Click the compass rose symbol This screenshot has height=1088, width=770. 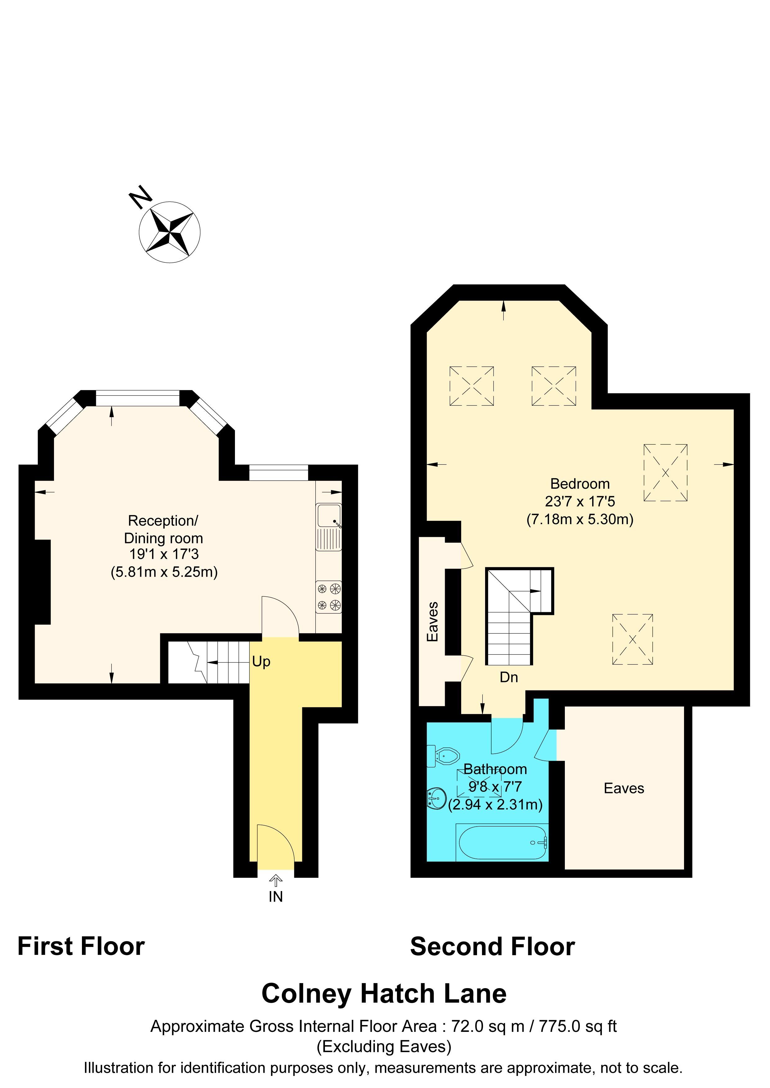pos(169,232)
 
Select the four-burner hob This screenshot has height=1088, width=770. pos(329,597)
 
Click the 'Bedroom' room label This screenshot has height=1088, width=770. pos(579,484)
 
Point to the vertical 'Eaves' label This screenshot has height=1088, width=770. pos(432,622)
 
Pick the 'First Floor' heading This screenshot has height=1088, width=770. pos(81,947)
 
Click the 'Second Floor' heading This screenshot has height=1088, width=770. pos(492,947)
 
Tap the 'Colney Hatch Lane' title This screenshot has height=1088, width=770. pos(384,994)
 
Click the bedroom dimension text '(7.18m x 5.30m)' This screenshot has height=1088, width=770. pos(579,519)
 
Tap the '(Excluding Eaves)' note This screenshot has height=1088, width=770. pos(384,1046)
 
